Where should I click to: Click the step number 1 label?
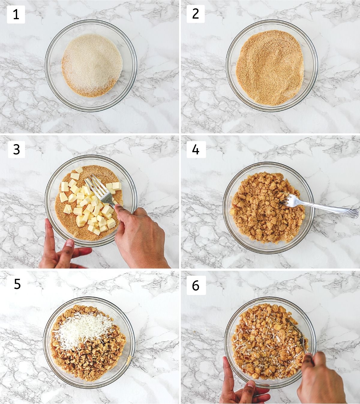pyautogui.click(x=16, y=15)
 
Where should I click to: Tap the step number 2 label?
pyautogui.click(x=196, y=14)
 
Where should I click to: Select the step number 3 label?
pyautogui.click(x=16, y=149)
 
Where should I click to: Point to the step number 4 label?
pyautogui.click(x=196, y=149)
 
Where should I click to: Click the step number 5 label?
pyautogui.click(x=17, y=284)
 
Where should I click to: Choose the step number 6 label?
pyautogui.click(x=196, y=285)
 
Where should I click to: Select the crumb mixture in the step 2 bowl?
pyautogui.click(x=270, y=68)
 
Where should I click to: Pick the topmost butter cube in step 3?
pyautogui.click(x=79, y=170)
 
